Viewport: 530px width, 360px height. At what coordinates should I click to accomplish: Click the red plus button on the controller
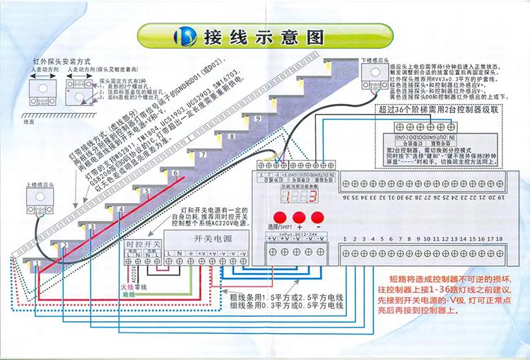[299, 218]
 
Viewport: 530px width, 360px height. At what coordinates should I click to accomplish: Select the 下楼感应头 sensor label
[375, 62]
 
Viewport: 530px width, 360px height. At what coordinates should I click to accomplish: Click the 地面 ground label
[28, 121]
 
